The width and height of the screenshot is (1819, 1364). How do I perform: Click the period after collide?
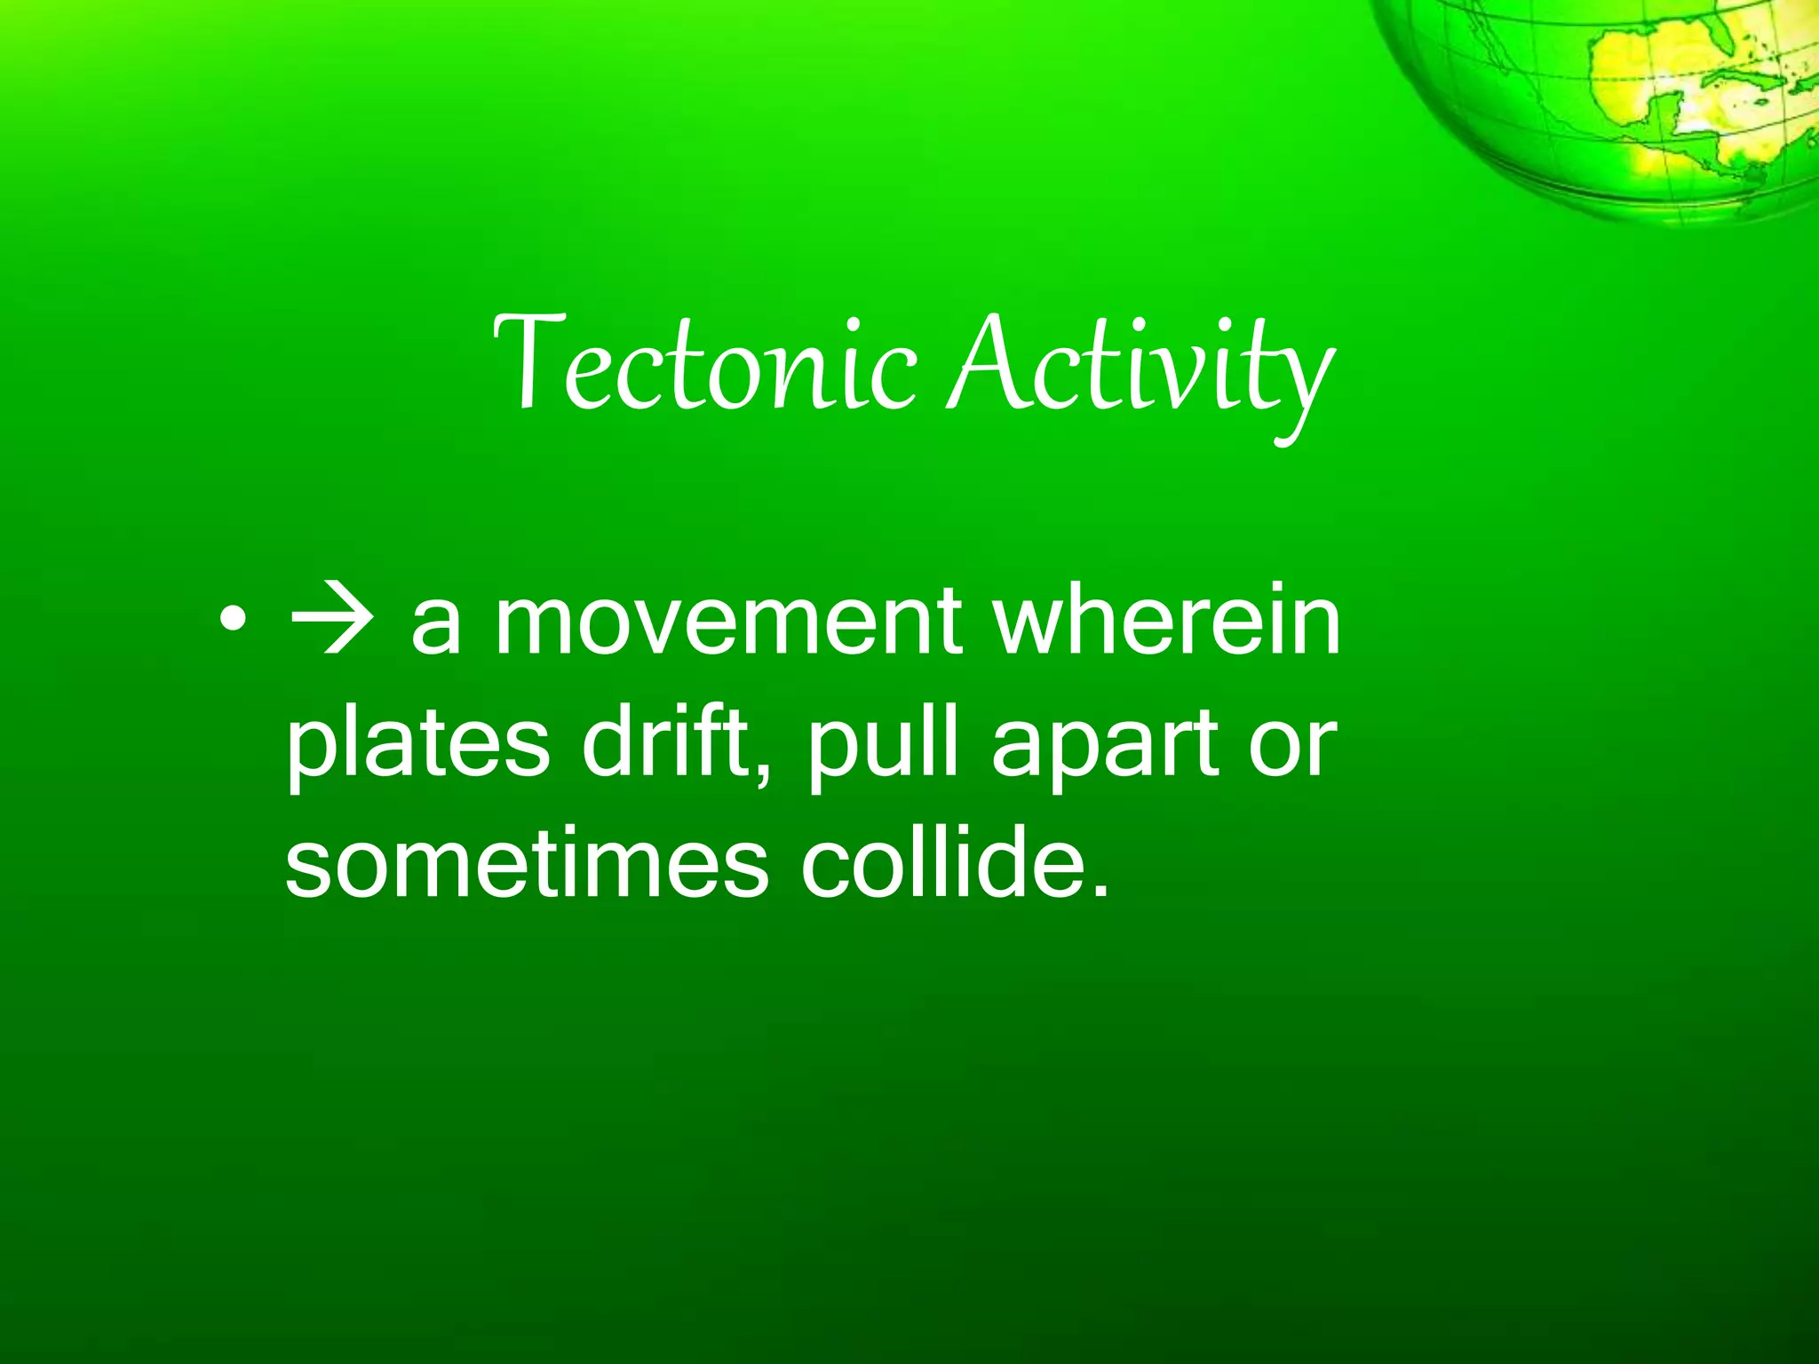tap(1101, 891)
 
